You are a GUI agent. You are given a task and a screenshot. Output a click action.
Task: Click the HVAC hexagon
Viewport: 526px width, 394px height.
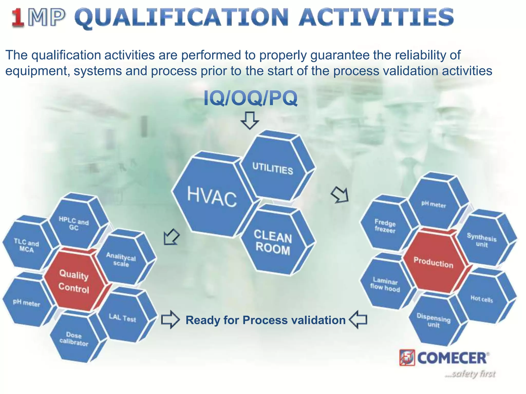(x=212, y=197)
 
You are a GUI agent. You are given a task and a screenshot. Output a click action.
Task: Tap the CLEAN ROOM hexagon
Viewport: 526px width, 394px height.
(x=273, y=242)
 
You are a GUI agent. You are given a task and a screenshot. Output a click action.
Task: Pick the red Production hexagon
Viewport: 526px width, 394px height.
(x=434, y=262)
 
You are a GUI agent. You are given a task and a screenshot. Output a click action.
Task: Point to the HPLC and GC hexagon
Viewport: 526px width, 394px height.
(x=74, y=223)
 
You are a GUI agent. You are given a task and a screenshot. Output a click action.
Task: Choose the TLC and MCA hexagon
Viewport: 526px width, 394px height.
(x=26, y=245)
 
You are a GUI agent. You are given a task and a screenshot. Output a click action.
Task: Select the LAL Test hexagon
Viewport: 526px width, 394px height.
(x=123, y=318)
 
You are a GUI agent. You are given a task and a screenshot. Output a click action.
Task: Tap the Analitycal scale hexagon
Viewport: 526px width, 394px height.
(x=121, y=259)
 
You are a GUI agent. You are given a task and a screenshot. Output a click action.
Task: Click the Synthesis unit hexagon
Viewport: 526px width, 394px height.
(x=482, y=240)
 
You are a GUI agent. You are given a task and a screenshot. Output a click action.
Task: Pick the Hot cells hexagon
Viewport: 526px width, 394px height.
(x=482, y=299)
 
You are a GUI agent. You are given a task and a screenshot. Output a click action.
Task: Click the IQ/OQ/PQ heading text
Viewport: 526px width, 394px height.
(x=250, y=98)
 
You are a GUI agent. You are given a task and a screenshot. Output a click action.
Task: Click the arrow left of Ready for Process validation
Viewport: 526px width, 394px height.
(x=170, y=320)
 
